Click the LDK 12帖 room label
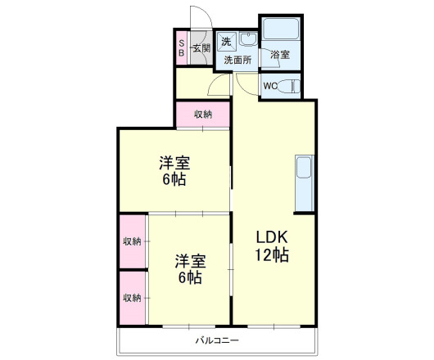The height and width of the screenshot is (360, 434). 272,245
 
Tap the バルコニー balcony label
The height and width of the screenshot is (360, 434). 217,340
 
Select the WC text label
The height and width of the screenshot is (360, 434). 270,86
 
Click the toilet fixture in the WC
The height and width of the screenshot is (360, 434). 289,86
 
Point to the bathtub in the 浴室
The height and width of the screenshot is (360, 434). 281,29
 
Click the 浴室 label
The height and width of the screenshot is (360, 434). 280,55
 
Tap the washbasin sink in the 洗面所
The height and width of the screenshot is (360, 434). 248,39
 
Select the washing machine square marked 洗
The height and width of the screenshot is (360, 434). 227,42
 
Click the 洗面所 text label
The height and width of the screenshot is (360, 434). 237,60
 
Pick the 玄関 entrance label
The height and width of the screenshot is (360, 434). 201,48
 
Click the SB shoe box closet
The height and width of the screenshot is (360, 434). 182,48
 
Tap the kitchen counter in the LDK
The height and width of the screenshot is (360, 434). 305,183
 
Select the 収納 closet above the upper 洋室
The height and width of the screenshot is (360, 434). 203,115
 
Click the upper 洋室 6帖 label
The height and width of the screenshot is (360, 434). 174,171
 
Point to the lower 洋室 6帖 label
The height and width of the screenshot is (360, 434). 190,269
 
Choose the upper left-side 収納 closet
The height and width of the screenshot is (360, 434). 133,241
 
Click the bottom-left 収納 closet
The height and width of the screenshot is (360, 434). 133,298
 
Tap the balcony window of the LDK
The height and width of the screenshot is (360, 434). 274,326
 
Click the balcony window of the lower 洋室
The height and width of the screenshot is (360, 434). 189,326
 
